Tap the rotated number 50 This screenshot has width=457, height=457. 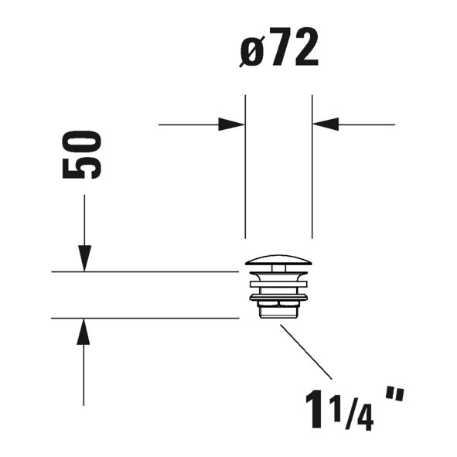(83, 155)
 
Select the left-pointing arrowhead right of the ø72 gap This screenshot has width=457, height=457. (326, 124)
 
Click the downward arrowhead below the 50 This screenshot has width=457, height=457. (84, 259)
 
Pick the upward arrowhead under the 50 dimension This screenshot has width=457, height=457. (84, 331)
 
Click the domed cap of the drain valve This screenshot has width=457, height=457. (278, 261)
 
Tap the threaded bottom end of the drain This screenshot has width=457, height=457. (278, 312)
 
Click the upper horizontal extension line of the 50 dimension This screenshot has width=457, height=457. (143, 272)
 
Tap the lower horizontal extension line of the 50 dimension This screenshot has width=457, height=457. (143, 318)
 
